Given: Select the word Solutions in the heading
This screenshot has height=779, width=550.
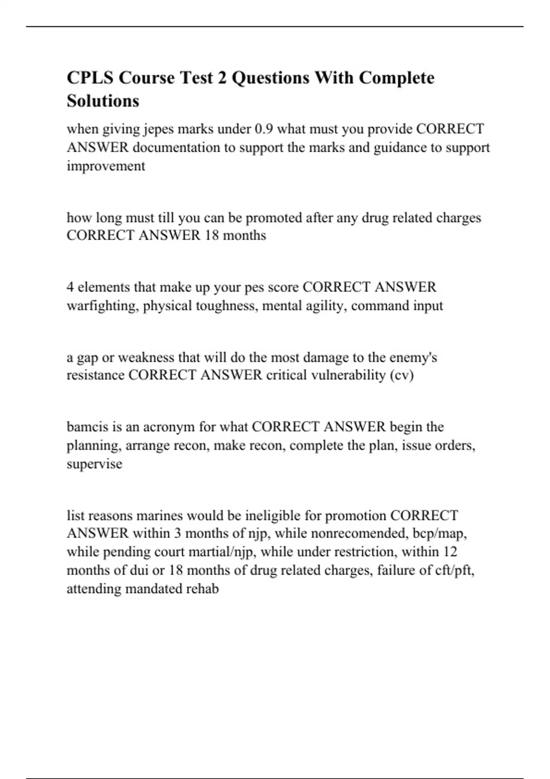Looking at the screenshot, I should point(103,101).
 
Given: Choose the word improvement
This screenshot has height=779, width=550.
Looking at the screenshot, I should point(106,166).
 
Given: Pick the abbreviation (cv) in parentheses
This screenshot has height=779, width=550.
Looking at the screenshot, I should point(402,376).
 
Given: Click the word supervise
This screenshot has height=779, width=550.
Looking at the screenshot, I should point(94,464).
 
